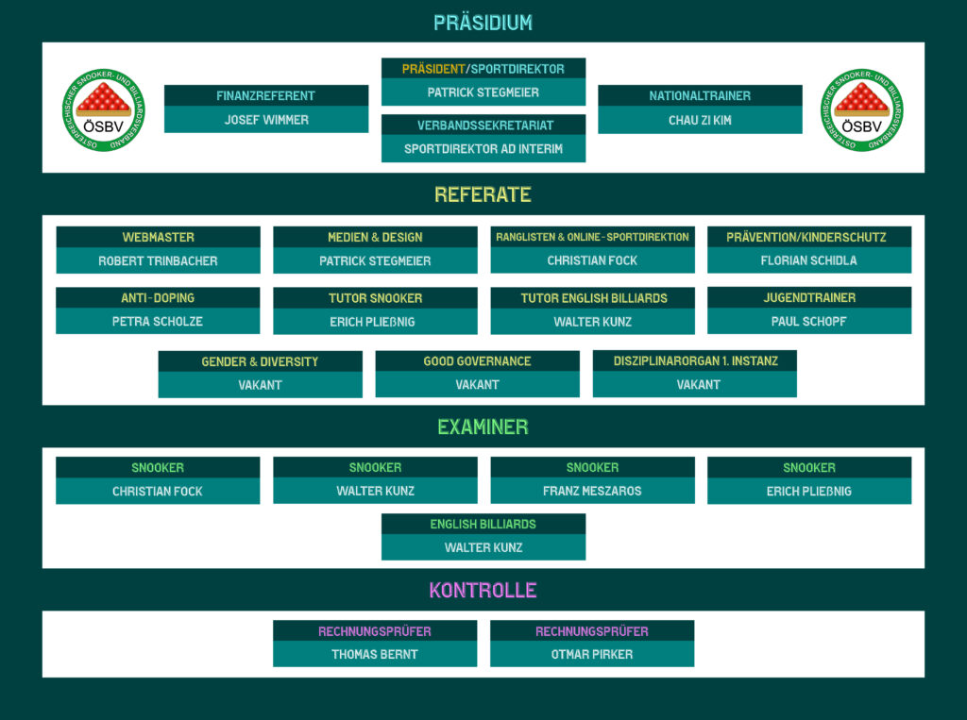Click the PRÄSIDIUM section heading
483,23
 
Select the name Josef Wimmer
266,120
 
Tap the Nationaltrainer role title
700,96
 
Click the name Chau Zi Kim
700,120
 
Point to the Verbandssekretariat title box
483,126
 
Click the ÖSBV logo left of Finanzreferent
104,111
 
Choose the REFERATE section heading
483,195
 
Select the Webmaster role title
158,238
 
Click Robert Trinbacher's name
158,261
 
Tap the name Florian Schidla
809,261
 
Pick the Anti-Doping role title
158,298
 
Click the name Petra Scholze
158,322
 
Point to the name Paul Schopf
809,322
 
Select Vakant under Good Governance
477,385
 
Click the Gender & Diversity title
260,361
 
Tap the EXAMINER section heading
483,427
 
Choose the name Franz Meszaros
592,492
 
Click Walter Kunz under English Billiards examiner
483,548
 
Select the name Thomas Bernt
375,655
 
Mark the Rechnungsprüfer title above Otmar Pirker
592,631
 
